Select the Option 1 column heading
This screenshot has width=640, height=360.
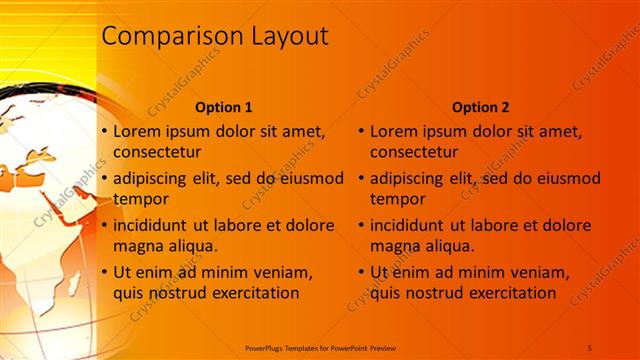pos(223,107)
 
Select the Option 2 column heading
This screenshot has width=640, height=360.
pos(480,107)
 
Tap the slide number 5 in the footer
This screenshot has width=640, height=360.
pos(591,347)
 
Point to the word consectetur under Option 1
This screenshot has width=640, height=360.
pos(157,153)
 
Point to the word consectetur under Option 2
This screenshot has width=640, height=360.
pos(414,153)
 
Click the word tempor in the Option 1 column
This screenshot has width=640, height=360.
pos(140,199)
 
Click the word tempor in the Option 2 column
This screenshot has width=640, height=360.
pos(397,199)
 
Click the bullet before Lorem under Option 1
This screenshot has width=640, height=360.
pos(104,131)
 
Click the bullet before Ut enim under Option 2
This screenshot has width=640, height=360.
pos(361,272)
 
